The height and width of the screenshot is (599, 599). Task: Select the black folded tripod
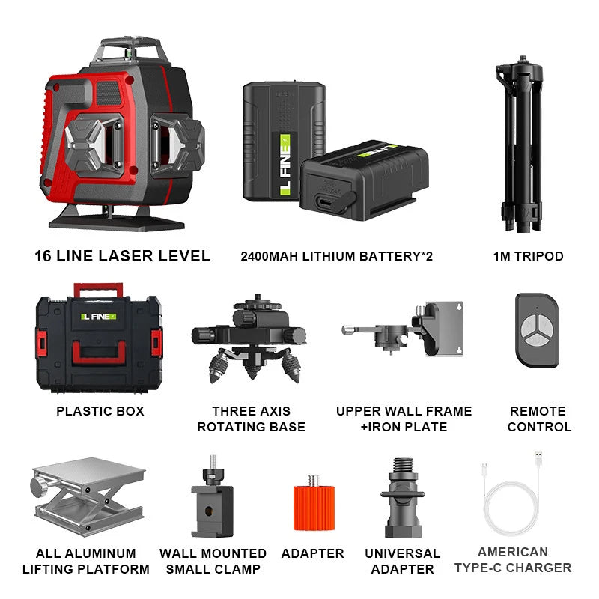click(x=524, y=142)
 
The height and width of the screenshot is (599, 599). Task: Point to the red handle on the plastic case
click(x=98, y=289)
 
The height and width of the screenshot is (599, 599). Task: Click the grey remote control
click(x=536, y=329)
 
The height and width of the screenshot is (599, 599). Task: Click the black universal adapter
click(x=403, y=498)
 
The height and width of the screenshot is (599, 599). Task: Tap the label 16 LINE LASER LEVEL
click(x=122, y=255)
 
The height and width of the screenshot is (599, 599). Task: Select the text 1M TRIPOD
click(x=528, y=256)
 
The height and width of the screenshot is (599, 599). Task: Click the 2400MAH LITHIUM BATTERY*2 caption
click(x=336, y=256)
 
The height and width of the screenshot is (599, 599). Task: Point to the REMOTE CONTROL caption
click(x=539, y=419)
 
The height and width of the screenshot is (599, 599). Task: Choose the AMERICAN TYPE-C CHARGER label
click(x=512, y=559)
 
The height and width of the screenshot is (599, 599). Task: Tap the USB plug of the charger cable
click(x=537, y=457)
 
